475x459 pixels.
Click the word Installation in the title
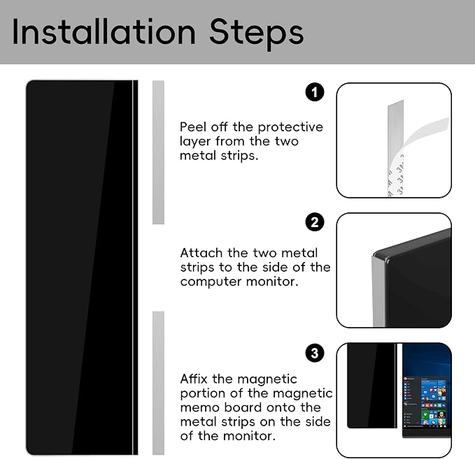(104, 31)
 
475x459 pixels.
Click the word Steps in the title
(256, 34)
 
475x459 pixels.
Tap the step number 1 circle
(314, 92)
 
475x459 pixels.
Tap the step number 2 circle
(314, 222)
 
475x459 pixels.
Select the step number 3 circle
(314, 353)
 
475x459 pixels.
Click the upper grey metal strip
(158, 152)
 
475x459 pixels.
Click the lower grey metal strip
(158, 383)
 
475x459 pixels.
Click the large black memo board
(82, 268)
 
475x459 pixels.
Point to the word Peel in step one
(193, 126)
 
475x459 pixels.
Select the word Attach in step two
(201, 253)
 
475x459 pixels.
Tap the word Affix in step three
(193, 379)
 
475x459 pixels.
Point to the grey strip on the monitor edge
(378, 291)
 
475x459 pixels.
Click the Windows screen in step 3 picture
(427, 391)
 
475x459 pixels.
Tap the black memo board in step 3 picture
(372, 386)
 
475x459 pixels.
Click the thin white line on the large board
(132, 268)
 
